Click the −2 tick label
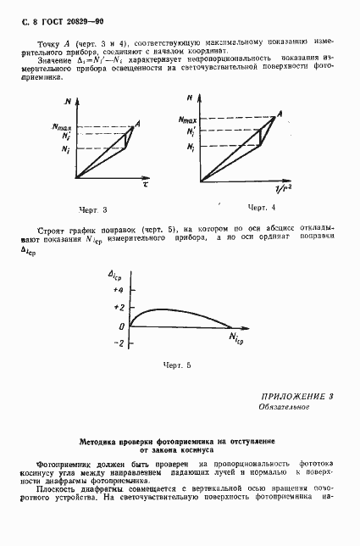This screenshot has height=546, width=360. pos(119,343)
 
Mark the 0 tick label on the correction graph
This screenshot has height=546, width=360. pos(122,326)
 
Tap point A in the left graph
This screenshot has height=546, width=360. pos(137,123)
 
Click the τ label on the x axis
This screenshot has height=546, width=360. pos(146,183)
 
